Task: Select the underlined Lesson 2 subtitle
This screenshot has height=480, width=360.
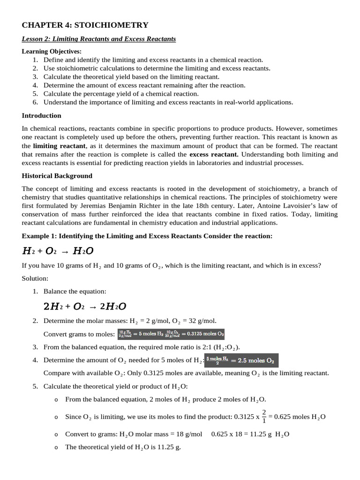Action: [99, 39]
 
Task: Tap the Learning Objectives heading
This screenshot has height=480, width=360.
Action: [52, 51]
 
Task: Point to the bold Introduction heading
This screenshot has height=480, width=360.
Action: [41, 115]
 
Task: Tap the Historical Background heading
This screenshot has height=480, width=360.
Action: [57, 176]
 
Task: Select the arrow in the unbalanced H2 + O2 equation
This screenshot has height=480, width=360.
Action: [65, 251]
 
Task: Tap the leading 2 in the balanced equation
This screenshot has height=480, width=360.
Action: [46, 307]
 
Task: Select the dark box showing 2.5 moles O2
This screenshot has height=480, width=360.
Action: [242, 360]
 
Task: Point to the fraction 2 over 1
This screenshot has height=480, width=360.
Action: [264, 416]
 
